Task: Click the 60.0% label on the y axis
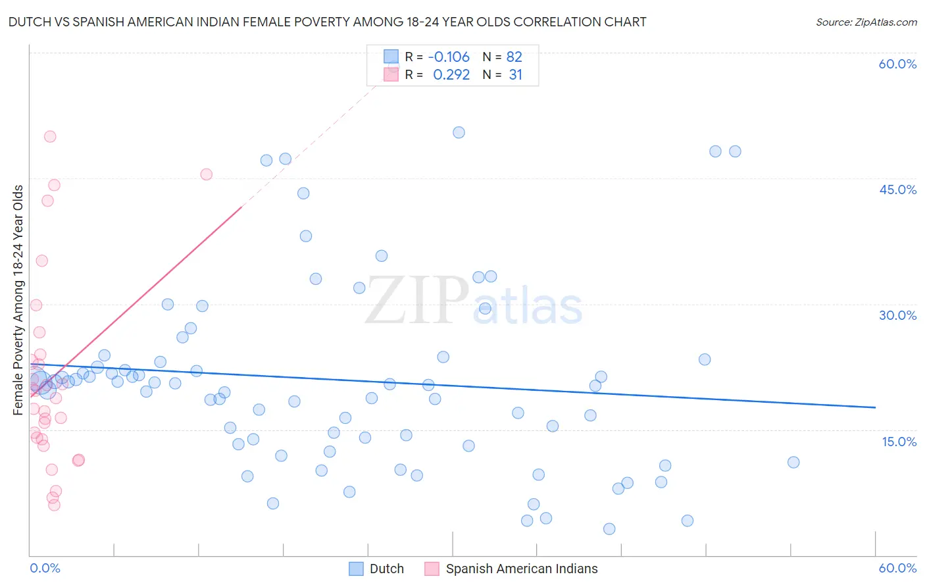[897, 64]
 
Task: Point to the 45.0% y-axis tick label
[897, 190]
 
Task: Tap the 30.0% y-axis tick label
[897, 315]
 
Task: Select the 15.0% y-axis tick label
[899, 441]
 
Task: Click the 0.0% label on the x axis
[45, 568]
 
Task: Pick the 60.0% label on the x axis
[897, 568]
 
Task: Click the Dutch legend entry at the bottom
[386, 569]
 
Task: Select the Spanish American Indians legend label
[521, 569]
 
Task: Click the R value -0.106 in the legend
[449, 57]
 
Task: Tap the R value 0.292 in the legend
[451, 75]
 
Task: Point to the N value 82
[514, 57]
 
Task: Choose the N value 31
[516, 75]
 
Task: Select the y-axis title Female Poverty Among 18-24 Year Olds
[18, 300]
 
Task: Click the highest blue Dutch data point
[459, 132]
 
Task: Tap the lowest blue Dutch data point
[609, 529]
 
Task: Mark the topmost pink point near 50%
[50, 137]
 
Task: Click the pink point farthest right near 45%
[206, 174]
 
